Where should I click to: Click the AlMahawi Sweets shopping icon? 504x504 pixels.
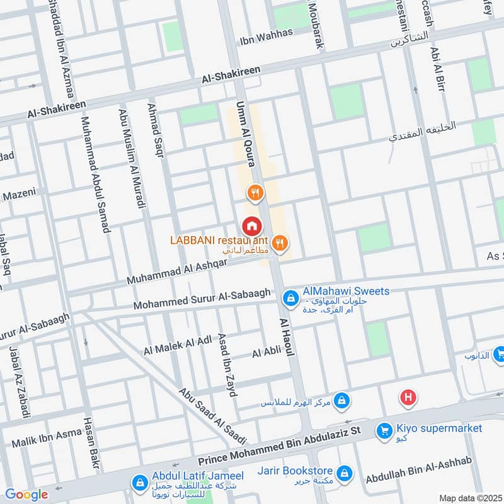[x=290, y=297]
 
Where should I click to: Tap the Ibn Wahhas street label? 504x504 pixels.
[x=266, y=36]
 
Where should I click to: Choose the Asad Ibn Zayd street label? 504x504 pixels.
[x=227, y=364]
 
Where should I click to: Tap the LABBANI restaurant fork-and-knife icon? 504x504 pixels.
[x=280, y=242]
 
